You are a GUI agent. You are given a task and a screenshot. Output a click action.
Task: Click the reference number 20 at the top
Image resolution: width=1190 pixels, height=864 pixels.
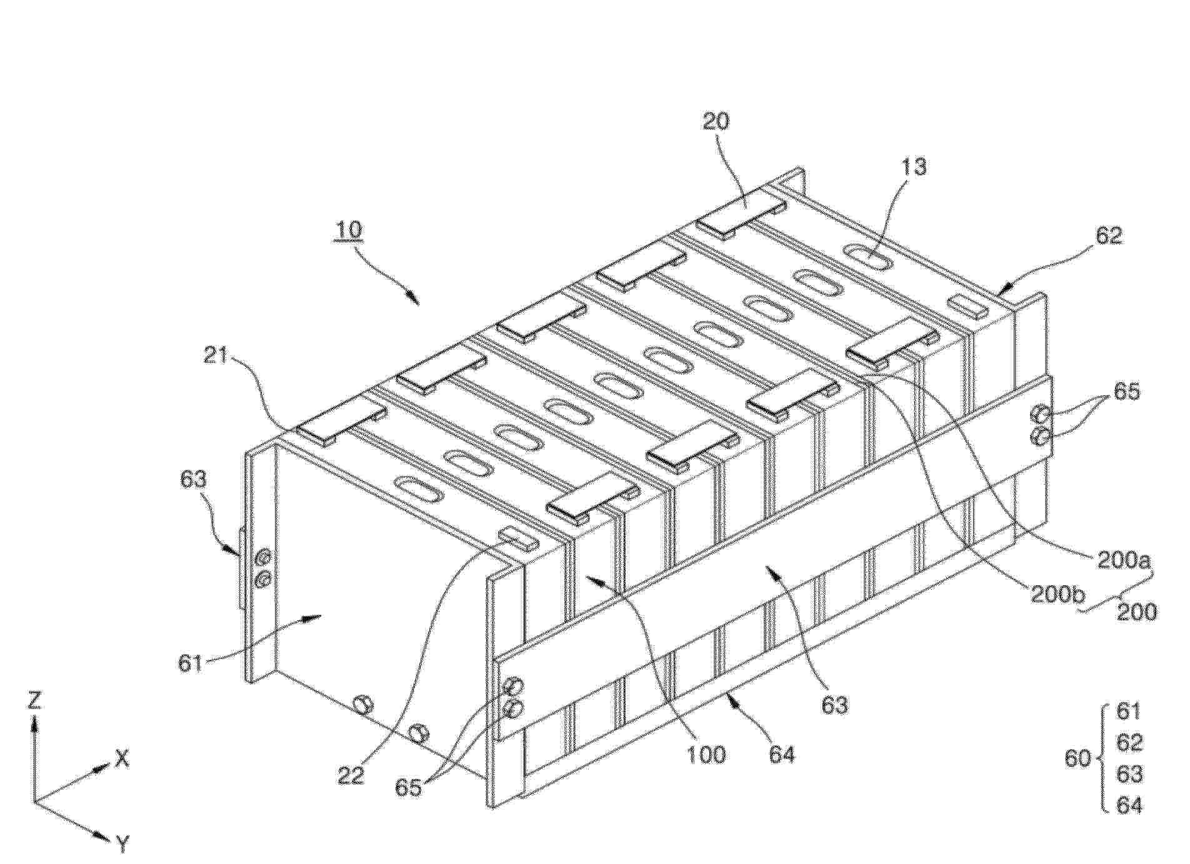point(716,121)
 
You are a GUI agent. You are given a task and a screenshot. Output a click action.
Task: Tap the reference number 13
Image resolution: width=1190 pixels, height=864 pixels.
point(913,167)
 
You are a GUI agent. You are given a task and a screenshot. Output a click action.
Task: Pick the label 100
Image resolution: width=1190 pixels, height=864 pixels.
point(706,754)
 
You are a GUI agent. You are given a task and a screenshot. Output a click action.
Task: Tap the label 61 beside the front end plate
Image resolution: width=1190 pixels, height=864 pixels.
point(191,662)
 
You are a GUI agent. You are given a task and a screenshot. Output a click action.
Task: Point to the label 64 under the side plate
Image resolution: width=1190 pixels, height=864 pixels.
point(781,755)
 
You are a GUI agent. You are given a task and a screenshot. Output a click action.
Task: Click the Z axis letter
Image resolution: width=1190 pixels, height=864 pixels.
point(34,700)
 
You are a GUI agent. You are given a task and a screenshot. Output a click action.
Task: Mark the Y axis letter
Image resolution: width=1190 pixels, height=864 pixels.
point(123,845)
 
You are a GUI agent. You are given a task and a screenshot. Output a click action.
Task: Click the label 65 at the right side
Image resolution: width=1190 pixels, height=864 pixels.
point(1126,392)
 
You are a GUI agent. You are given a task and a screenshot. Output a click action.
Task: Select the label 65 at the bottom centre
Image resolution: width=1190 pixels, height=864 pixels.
point(409,788)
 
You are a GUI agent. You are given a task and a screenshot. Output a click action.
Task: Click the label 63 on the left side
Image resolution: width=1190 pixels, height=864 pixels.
point(192,479)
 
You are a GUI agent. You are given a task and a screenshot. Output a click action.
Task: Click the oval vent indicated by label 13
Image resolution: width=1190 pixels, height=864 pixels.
point(868,257)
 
